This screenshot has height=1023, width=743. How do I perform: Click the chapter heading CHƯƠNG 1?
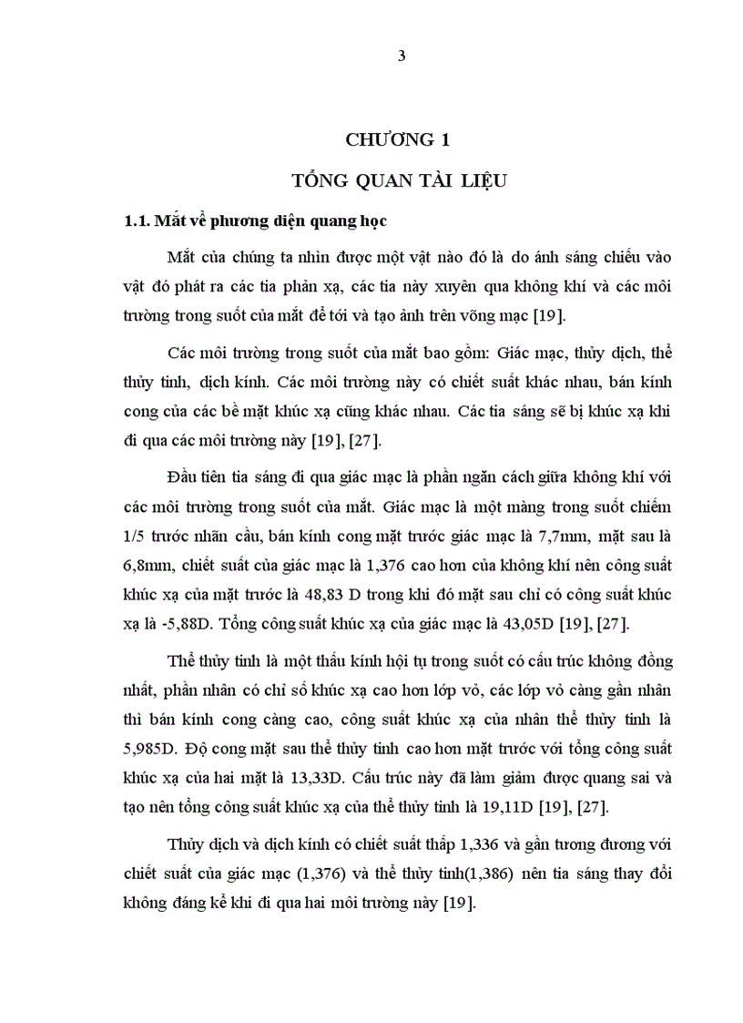(x=398, y=139)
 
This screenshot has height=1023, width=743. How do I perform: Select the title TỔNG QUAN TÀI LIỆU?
(x=398, y=179)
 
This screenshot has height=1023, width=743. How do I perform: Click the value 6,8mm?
(x=148, y=565)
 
